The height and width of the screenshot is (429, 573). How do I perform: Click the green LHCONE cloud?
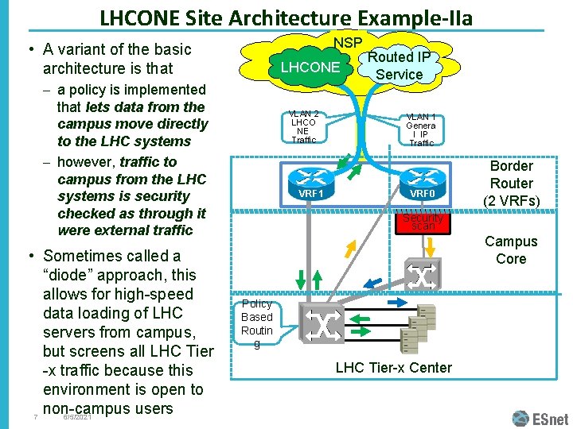pyautogui.click(x=310, y=68)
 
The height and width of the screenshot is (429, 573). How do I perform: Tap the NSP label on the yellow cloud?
pyautogui.click(x=348, y=42)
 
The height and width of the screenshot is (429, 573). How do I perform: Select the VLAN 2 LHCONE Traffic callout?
pyautogui.click(x=304, y=127)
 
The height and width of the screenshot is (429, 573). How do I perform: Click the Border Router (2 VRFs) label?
pyautogui.click(x=511, y=184)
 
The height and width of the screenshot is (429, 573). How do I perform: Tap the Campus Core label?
pyautogui.click(x=511, y=249)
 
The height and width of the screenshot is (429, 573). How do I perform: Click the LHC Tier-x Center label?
pyautogui.click(x=393, y=367)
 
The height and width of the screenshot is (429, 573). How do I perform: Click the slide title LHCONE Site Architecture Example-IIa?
pyautogui.click(x=286, y=17)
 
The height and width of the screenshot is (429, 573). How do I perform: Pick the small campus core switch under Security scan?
pyautogui.click(x=422, y=275)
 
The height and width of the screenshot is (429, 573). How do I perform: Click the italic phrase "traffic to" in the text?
pyautogui.click(x=148, y=161)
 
